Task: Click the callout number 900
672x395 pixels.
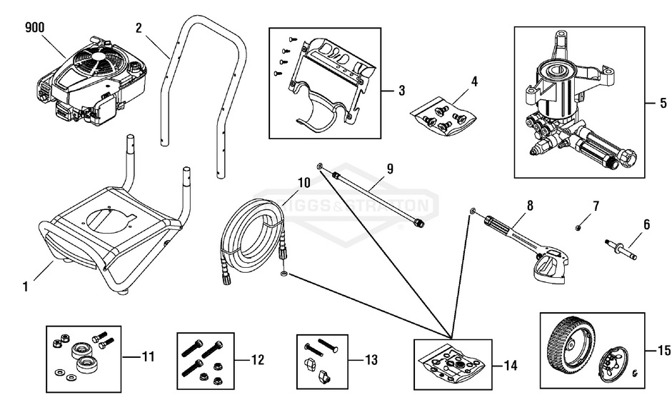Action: tap(35, 28)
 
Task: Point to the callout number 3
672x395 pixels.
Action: tap(401, 91)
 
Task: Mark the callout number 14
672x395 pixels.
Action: tap(509, 366)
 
